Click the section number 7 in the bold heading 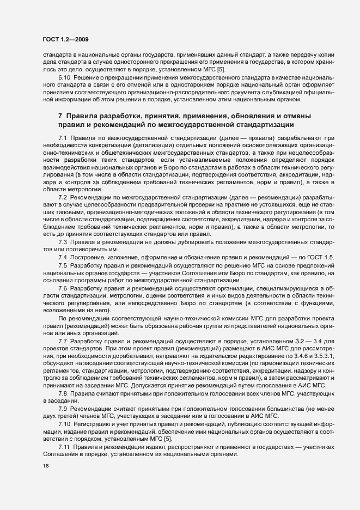(x=60, y=116)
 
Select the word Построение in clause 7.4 (x=88, y=257)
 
